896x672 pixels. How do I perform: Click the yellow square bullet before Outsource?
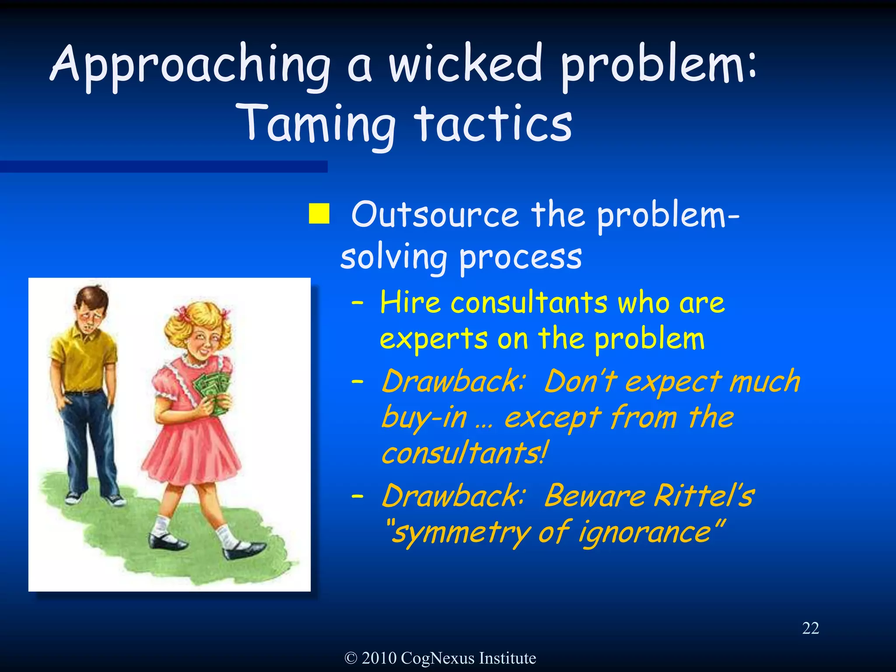click(319, 213)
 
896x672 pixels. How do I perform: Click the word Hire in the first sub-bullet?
click(410, 303)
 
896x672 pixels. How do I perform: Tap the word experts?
click(434, 339)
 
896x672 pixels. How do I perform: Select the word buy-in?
click(424, 417)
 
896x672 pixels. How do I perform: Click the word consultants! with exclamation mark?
click(464, 453)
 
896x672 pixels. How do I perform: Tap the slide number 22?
click(810, 628)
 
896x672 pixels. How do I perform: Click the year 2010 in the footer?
click(379, 658)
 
